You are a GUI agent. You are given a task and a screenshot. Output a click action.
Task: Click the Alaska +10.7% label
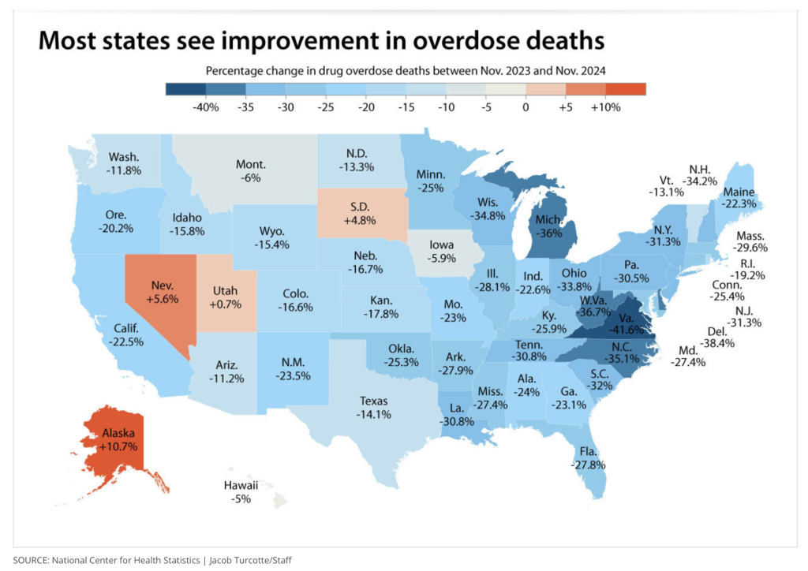tap(118, 439)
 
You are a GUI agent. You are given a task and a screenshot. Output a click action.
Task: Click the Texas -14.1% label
tap(373, 407)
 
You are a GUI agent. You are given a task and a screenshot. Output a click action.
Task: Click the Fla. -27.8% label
tap(588, 459)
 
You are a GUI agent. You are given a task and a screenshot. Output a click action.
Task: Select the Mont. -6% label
tap(251, 171)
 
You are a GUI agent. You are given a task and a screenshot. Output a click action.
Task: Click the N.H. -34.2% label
tap(699, 174)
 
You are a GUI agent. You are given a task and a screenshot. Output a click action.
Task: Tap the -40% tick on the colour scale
tap(205, 107)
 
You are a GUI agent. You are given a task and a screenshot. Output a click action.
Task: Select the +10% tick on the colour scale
tap(605, 107)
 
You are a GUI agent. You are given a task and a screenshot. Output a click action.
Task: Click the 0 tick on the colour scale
tap(526, 107)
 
